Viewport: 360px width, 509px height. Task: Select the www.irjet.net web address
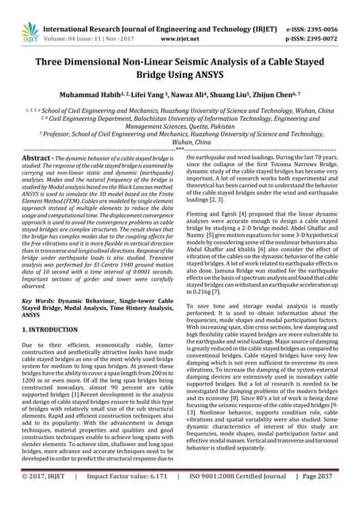click(179, 25)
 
